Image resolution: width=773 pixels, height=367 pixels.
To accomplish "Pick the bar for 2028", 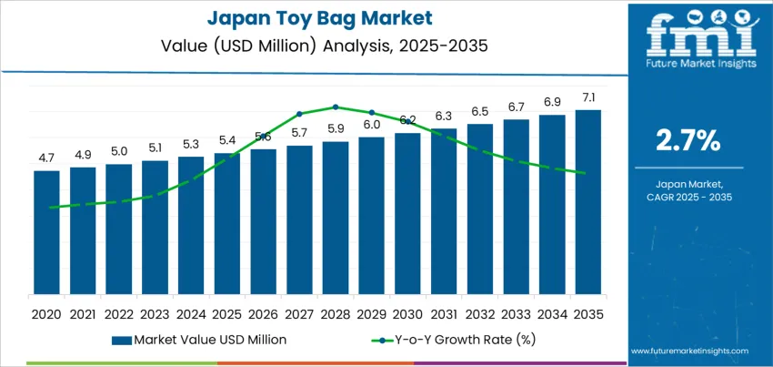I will pyautogui.click(x=336, y=218).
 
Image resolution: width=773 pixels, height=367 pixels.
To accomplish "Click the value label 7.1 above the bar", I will pyautogui.click(x=587, y=97).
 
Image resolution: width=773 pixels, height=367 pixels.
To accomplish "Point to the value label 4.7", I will pyautogui.click(x=46, y=158).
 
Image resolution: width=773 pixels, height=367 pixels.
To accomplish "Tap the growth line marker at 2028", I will pyautogui.click(x=336, y=107).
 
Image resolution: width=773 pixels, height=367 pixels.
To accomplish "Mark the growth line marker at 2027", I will pyautogui.click(x=299, y=114).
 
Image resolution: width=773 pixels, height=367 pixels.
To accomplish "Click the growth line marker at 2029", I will pyautogui.click(x=371, y=112).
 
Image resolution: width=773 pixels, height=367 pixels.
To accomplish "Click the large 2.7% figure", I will pyautogui.click(x=688, y=140).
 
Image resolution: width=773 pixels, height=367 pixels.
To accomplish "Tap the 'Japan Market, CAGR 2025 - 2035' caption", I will pyautogui.click(x=688, y=190).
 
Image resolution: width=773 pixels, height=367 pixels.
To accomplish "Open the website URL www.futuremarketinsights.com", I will pyautogui.click(x=688, y=351).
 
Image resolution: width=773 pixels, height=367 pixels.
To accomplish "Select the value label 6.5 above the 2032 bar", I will pyautogui.click(x=479, y=111).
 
